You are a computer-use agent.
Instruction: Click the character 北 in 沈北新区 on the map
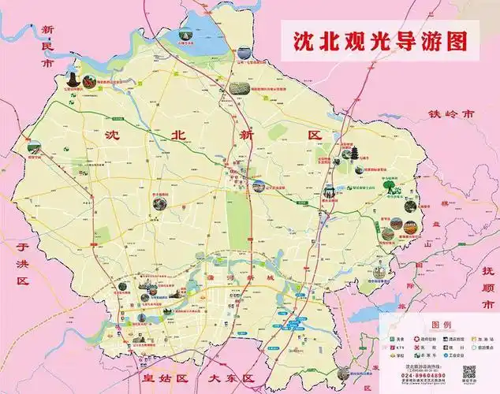(x=179, y=135)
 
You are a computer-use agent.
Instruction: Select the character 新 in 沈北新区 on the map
(x=248, y=135)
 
